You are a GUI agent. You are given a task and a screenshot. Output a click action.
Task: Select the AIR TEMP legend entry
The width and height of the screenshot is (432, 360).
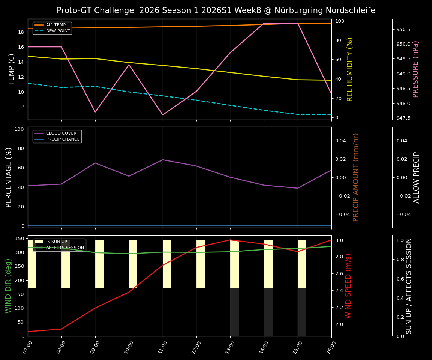click(x=55, y=25)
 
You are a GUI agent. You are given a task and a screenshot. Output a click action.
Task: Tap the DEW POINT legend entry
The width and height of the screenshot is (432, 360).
click(x=58, y=31)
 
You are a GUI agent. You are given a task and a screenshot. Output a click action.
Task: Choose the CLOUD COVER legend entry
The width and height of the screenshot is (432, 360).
click(x=61, y=133)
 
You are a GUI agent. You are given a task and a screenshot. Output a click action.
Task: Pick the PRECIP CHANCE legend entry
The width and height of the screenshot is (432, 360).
click(x=63, y=139)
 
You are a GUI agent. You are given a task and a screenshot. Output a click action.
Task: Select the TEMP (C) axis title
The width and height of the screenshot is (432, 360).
click(x=12, y=69)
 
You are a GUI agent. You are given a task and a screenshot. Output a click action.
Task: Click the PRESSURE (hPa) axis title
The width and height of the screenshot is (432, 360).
click(x=415, y=69)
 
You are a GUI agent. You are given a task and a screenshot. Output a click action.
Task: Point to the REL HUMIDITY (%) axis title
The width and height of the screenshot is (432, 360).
click(x=350, y=69)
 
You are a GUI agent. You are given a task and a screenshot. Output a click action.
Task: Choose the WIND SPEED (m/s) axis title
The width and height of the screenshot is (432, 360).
click(x=349, y=286)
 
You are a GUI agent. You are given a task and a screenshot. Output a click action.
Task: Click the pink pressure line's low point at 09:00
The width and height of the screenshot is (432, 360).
click(x=95, y=112)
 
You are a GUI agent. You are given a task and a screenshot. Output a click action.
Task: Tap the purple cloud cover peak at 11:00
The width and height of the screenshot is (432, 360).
click(x=163, y=160)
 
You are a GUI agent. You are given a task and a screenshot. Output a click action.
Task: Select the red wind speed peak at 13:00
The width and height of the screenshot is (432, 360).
click(x=230, y=240)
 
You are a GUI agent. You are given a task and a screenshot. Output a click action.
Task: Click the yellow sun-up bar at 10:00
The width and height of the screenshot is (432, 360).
click(x=133, y=264)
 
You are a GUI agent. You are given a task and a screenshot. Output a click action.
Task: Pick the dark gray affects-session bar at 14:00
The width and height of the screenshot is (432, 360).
click(x=268, y=312)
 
